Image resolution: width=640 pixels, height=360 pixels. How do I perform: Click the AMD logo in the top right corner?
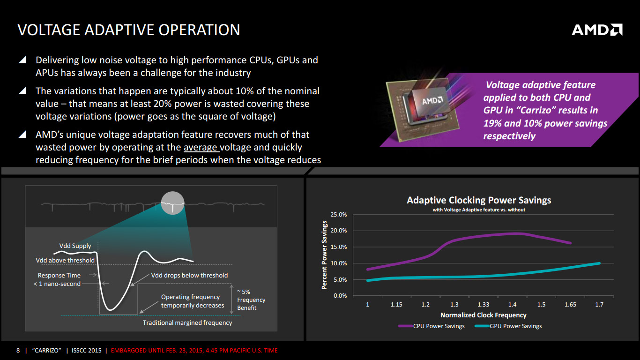597,30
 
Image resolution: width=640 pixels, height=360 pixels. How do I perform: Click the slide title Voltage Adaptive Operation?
128,30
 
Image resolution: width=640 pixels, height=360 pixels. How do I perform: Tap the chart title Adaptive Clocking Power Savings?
479,200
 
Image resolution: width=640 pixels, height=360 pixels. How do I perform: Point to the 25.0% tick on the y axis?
339,215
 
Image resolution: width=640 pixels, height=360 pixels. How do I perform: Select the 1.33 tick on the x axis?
484,305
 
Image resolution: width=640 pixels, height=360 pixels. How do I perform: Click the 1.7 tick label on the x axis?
599,305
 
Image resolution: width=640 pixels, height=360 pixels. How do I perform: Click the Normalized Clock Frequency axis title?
483,315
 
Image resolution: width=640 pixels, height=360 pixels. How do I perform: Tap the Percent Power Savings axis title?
324,255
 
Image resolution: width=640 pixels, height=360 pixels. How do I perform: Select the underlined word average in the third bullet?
201,148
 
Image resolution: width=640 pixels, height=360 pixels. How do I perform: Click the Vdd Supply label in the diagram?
75,246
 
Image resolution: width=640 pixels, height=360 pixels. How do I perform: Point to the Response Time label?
59,275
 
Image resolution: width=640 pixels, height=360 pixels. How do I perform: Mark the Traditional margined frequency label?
187,322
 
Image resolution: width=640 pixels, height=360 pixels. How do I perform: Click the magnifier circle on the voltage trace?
172,203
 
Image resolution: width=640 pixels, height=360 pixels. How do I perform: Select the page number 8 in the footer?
18,350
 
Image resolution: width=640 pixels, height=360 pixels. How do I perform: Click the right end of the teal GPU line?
599,263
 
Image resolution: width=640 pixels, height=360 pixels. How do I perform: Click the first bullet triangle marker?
22,60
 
